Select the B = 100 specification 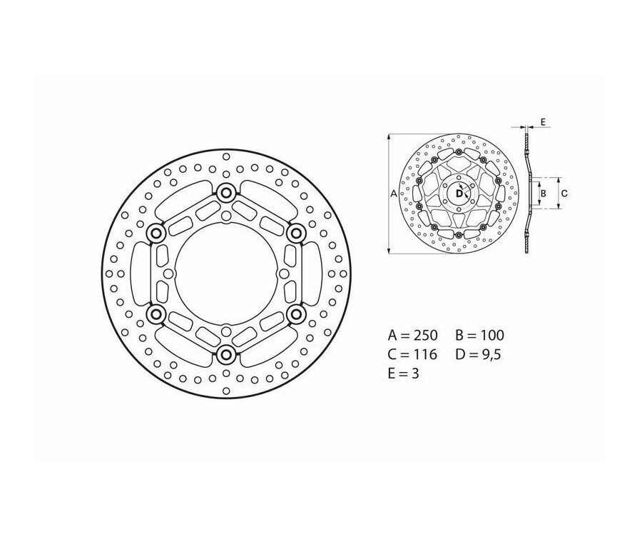(479, 334)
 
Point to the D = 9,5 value (479, 354)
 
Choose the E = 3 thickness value (403, 373)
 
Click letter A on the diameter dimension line (393, 194)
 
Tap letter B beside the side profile (543, 193)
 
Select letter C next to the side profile (564, 193)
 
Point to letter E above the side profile (543, 123)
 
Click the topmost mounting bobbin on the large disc (226, 192)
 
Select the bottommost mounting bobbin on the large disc (226, 354)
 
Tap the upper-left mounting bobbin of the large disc (156, 233)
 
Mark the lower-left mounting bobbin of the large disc (156, 313)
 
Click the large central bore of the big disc (226, 273)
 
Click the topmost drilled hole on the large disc (226, 156)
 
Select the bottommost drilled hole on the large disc (226, 390)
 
